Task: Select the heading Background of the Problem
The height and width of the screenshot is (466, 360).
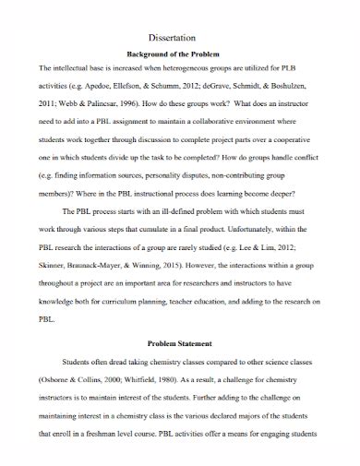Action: (180, 54)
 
